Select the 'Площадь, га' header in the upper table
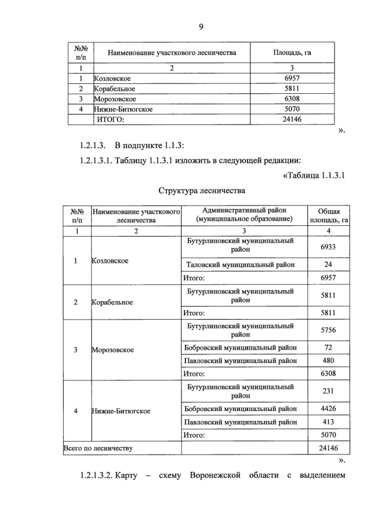coord(292,53)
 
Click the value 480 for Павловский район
coord(328,360)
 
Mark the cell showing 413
coord(328,422)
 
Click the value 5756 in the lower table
coord(328,329)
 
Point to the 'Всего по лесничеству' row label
coord(98,448)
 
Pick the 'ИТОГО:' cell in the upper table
coord(110,119)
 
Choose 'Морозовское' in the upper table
coord(114,99)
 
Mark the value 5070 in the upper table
coord(292,109)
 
